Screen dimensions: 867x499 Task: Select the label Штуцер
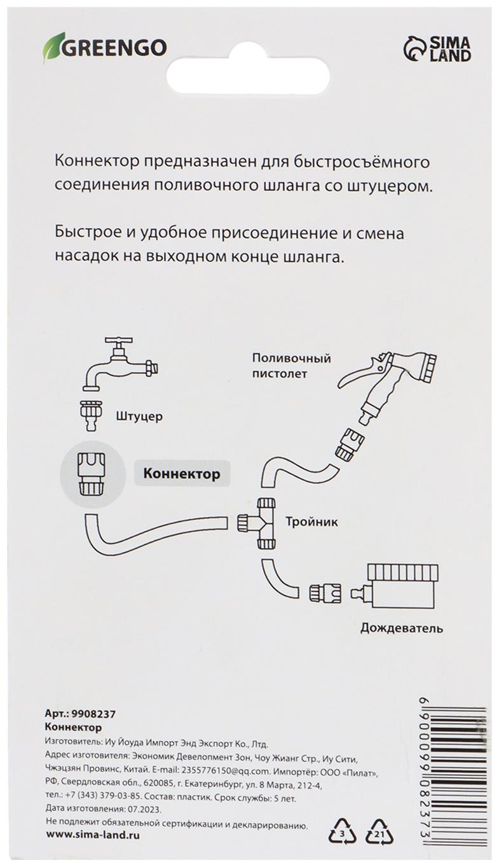pos(140,417)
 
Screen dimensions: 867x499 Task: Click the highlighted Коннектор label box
pos(181,474)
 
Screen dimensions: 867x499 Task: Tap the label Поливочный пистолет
pos(291,366)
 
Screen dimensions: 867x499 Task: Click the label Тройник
pos(312,523)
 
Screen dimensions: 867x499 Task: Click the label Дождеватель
pos(401,628)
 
